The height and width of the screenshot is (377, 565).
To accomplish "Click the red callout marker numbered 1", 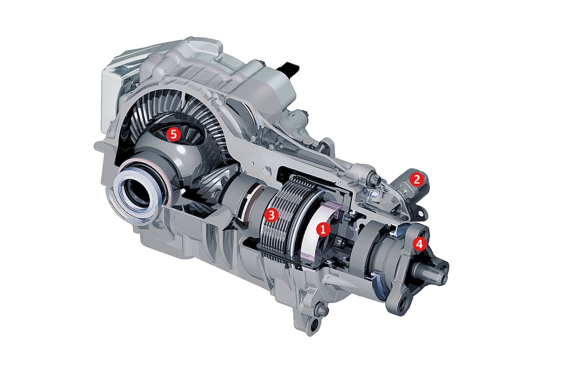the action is (x=322, y=229).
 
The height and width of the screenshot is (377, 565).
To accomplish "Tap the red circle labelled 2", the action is (x=417, y=179).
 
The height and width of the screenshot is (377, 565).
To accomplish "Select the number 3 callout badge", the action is (x=271, y=215).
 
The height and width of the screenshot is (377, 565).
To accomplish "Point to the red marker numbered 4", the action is (x=419, y=244).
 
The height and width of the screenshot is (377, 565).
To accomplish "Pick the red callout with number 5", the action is (x=173, y=134).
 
